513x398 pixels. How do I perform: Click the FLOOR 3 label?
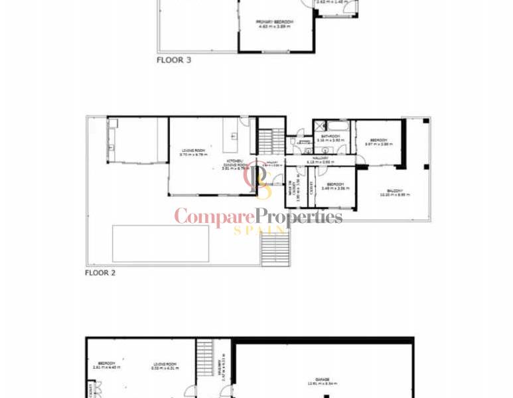(174, 60)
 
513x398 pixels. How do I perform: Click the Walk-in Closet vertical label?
(291, 189)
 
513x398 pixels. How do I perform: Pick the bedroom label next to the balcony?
(378, 142)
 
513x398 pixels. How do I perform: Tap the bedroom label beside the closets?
(334, 186)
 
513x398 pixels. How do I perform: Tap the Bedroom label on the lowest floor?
(106, 365)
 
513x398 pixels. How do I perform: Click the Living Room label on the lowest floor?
(164, 365)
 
